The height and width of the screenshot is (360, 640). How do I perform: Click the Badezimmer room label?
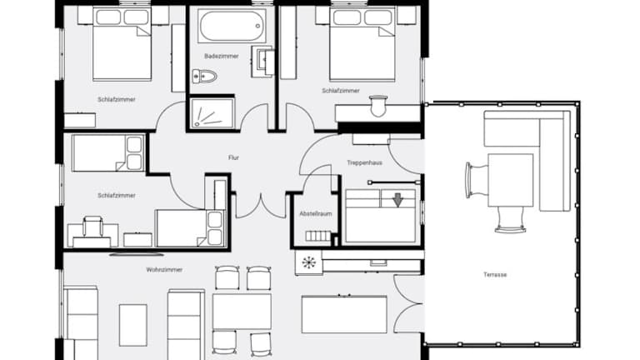coord(221,56)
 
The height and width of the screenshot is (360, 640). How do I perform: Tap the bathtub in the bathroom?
coord(232,26)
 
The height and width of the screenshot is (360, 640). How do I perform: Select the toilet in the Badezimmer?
coord(204,76)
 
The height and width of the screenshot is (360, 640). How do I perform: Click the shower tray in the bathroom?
coord(212,113)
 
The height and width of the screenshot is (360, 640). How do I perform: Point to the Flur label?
coord(233,157)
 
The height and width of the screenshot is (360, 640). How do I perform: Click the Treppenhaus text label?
coord(364,162)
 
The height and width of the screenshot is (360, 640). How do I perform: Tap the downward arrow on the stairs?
coord(397,200)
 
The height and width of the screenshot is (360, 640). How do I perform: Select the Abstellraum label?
coord(316,213)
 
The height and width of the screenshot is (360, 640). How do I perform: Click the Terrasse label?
coord(495,275)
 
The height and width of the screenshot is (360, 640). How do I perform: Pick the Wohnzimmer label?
coord(164,270)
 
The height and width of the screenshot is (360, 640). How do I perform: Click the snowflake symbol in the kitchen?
coord(309,262)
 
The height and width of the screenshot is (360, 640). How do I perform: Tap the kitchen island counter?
coord(344,314)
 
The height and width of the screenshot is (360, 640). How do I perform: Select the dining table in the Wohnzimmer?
coord(242,311)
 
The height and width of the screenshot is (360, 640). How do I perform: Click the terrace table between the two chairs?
coord(511,180)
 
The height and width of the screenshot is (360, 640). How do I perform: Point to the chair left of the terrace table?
coord(477,180)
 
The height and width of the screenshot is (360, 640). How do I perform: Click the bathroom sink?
coord(263,61)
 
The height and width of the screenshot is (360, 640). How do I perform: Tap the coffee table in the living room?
coord(133,325)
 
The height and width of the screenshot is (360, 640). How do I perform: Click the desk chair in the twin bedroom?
coord(92,227)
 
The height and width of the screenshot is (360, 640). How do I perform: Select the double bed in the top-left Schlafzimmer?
coord(122,44)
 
